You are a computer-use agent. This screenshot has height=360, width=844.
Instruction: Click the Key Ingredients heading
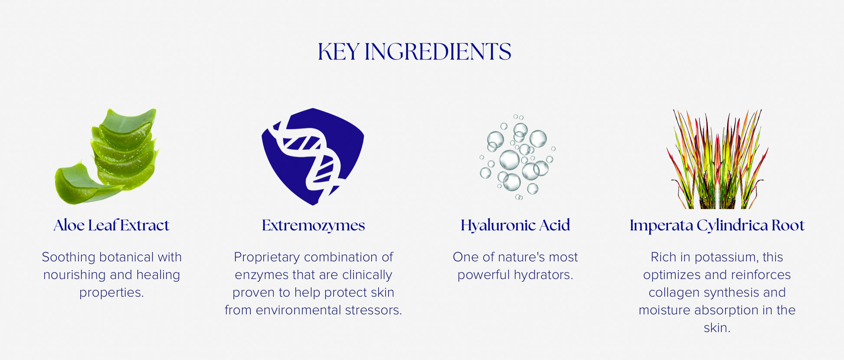tap(414, 52)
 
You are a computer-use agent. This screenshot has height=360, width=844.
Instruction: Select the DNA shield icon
tap(313, 157)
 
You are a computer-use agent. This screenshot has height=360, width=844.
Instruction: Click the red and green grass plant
tap(717, 159)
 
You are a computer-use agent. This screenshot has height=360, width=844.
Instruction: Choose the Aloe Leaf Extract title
tap(111, 226)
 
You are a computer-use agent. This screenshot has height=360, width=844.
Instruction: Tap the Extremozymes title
tap(313, 226)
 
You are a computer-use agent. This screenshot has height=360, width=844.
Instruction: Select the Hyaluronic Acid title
tap(515, 226)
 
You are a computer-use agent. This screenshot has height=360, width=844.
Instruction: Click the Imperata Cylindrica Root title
tap(717, 226)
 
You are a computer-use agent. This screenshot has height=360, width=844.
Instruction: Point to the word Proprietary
tap(267, 257)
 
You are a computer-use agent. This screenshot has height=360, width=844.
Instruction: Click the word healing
tap(158, 275)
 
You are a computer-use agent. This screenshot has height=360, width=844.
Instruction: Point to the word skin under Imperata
tap(717, 328)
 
